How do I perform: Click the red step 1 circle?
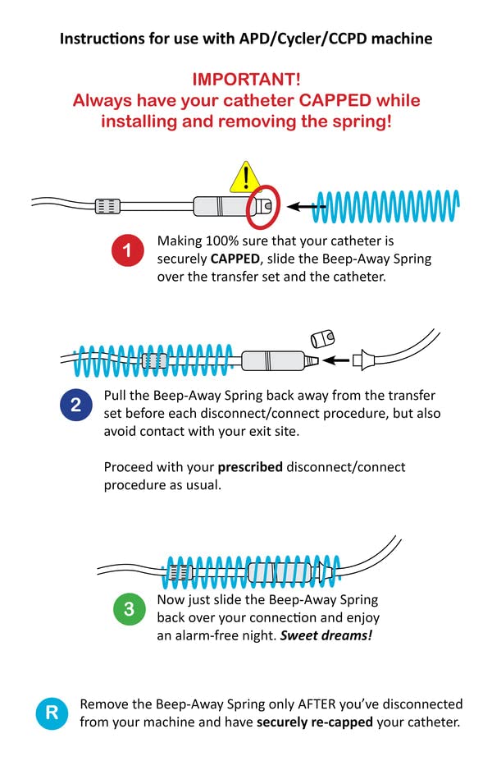[x=128, y=250]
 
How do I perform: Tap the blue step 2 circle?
[x=75, y=404]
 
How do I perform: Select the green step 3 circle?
[x=129, y=609]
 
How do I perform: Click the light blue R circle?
[x=52, y=713]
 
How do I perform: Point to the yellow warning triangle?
[x=244, y=176]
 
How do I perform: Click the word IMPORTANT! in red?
[x=246, y=80]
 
